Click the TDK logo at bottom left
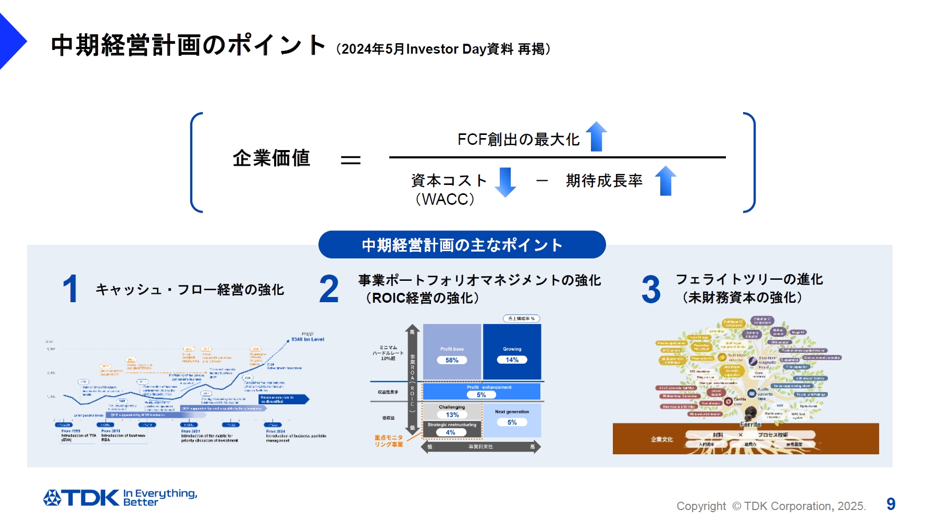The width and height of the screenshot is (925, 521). click(81, 498)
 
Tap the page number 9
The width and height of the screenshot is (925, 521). click(891, 504)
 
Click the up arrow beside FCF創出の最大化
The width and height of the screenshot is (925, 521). click(596, 137)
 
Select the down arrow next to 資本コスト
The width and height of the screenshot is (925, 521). click(504, 182)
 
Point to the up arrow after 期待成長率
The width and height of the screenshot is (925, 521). click(665, 181)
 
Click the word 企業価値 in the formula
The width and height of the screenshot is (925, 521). click(271, 158)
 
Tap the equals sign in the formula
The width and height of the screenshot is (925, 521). click(351, 160)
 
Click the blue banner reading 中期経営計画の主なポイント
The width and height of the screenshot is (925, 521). click(462, 245)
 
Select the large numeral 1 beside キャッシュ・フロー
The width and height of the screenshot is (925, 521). click(70, 289)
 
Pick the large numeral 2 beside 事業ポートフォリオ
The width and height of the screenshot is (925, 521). click(329, 289)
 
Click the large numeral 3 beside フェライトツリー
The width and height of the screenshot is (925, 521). click(651, 289)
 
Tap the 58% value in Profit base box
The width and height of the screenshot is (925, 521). click(452, 360)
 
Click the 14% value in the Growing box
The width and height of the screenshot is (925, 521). click(512, 359)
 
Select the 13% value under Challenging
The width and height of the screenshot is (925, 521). click(452, 415)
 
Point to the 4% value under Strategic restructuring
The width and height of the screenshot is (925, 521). click(451, 432)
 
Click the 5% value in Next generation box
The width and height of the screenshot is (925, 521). click(512, 422)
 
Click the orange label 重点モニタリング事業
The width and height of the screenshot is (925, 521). click(389, 441)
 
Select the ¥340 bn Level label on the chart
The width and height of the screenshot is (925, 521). click(307, 339)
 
